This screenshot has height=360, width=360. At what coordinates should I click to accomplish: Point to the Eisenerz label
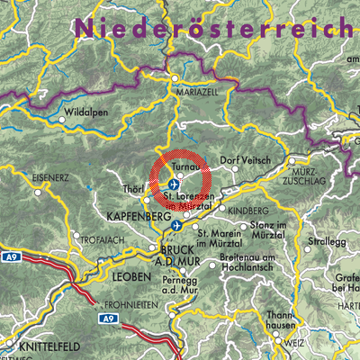(x=49, y=178)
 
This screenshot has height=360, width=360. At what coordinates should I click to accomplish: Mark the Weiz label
(x=294, y=344)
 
